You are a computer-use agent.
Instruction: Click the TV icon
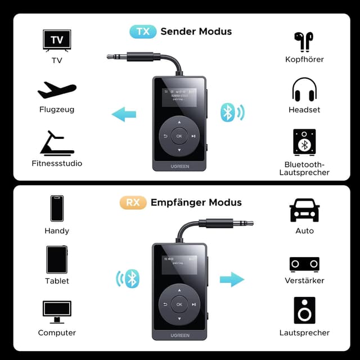57,40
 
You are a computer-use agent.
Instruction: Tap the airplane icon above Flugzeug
57,90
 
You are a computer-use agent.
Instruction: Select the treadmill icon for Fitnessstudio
57,143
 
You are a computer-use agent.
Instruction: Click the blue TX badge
143,31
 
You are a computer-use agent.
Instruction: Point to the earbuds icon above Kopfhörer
304,40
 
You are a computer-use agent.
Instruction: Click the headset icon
304,90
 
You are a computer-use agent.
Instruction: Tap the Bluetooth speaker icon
304,142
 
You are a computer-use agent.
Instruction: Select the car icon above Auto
304,211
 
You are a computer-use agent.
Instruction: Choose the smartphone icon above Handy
57,209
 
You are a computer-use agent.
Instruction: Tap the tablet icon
57,259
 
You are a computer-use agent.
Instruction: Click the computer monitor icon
57,312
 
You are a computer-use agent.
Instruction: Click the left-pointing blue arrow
124,115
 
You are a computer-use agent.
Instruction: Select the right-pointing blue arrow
232,279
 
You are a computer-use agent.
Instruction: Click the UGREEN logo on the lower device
179,335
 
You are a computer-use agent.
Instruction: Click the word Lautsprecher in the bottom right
304,332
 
